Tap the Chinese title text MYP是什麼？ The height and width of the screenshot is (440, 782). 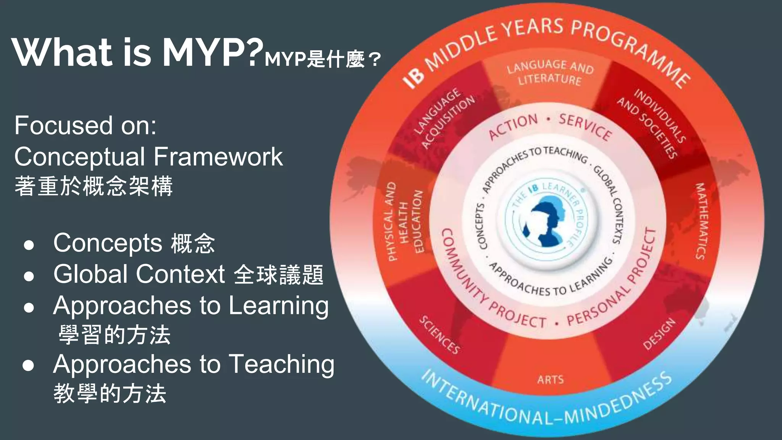click(323, 59)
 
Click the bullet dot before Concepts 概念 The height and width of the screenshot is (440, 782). click(29, 245)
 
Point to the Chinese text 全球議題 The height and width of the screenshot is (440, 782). click(278, 275)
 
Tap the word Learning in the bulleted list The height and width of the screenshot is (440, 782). click(278, 306)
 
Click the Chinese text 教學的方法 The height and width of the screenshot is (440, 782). click(110, 393)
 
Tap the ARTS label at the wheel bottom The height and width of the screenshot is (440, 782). click(550, 380)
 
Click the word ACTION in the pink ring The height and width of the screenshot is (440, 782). click(513, 127)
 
